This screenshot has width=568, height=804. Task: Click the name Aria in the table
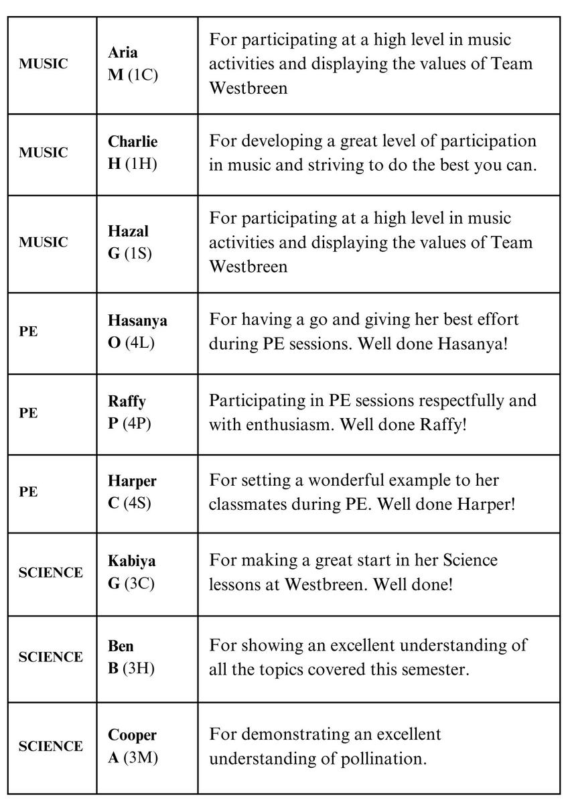(123, 52)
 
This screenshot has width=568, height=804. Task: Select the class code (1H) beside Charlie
(141, 163)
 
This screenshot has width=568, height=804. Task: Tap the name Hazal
(128, 231)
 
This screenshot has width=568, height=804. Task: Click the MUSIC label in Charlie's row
(44, 153)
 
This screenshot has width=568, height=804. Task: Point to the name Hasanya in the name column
(137, 320)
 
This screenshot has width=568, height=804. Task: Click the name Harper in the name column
(132, 481)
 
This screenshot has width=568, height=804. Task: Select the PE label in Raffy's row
(28, 413)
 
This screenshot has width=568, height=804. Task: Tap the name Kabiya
(131, 561)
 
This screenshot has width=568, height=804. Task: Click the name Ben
(121, 646)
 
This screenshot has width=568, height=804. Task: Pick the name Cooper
(133, 735)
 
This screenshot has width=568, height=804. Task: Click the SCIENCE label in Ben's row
(51, 657)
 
